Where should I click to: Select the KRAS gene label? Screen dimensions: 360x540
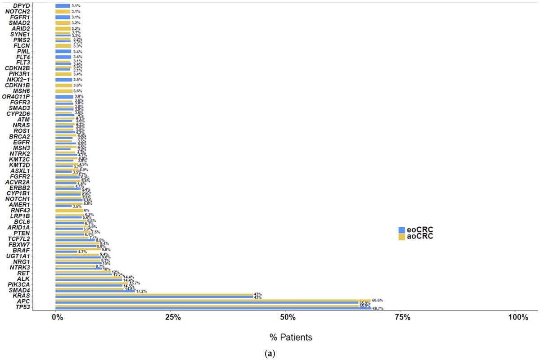tap(22, 296)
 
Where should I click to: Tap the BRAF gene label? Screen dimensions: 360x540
tap(22, 250)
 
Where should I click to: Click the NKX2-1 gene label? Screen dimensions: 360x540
tap(18, 79)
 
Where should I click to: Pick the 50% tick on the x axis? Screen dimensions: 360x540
tap(288, 317)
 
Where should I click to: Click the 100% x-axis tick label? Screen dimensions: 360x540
tap(518, 317)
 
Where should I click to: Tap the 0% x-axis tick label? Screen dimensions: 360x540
tap(57, 317)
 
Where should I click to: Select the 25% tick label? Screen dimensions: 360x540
tap(172, 317)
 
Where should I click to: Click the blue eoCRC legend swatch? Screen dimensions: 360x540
tap(401, 230)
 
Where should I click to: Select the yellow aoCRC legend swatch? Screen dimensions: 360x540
tap(401, 237)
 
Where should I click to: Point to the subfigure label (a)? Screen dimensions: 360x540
tap(270, 354)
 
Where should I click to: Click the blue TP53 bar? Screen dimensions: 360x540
tap(211, 308)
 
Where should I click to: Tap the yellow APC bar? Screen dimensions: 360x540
tap(211, 300)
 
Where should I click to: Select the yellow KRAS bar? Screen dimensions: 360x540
tap(153, 294)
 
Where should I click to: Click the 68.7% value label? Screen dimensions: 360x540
tap(378, 309)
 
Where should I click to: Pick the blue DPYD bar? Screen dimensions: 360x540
tap(63, 5)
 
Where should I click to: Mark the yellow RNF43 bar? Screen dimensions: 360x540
tap(69, 210)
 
